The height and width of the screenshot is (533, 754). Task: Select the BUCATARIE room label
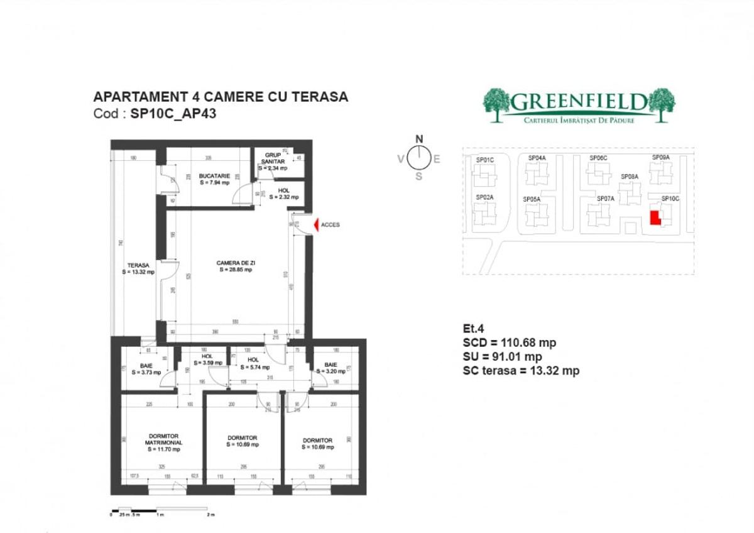tap(215, 179)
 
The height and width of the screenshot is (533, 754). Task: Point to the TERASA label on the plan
tap(138, 268)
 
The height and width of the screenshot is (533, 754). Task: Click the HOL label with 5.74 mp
tap(253, 363)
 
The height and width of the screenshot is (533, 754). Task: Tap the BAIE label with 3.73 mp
tap(146, 368)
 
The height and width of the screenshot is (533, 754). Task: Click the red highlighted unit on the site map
tap(654, 217)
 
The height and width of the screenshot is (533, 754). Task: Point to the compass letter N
tap(419, 140)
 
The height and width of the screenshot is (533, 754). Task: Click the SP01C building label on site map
tap(485, 160)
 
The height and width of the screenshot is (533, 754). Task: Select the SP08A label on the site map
tap(630, 177)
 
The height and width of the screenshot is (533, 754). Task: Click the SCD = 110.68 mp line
tap(509, 343)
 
